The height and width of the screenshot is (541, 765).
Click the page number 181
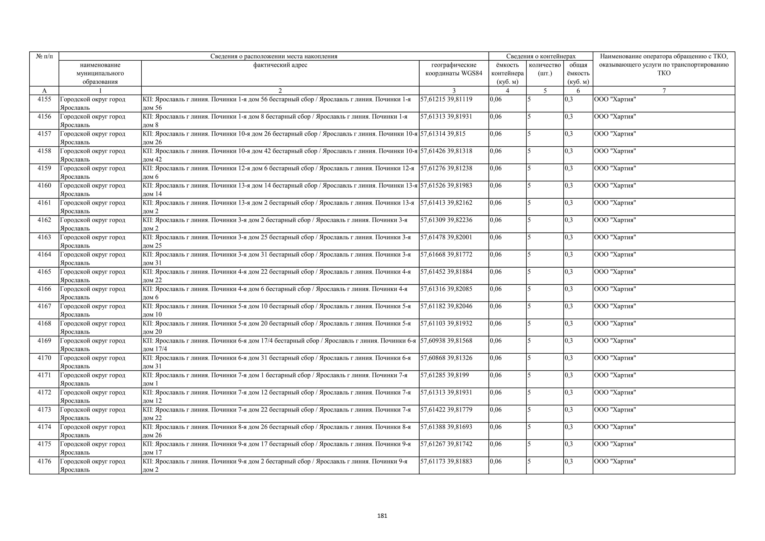pos(382,516)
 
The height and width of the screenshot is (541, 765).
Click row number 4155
pos(44,99)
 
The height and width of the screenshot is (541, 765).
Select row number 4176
pos(44,461)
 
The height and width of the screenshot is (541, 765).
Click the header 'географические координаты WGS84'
pos(454,69)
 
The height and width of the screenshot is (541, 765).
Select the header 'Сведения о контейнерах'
pos(541,56)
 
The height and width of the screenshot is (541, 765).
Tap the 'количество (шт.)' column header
pos(545,69)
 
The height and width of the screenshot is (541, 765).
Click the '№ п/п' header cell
pos(44,56)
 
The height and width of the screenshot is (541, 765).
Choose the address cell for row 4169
pos(280,345)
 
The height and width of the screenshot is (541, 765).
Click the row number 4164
pos(44,255)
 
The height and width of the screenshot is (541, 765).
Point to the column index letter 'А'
pos(44,91)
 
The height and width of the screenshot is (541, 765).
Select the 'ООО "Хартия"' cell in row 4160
pos(615,186)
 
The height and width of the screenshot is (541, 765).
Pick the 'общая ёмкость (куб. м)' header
pos(578,73)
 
